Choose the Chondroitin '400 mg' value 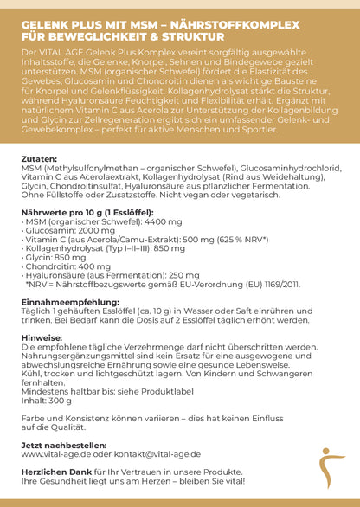pos(93,266)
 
